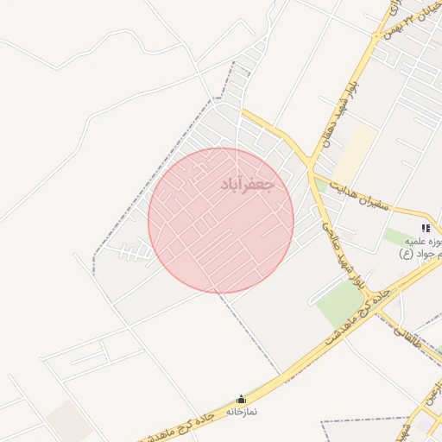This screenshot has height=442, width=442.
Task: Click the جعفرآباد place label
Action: [x=247, y=185]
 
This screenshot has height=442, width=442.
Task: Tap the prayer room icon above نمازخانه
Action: [x=240, y=399]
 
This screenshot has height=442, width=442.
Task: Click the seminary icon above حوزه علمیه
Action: [x=425, y=227]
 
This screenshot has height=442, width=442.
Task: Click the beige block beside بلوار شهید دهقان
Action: [x=355, y=155]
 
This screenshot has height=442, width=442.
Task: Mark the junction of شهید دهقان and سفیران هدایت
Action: [x=310, y=164]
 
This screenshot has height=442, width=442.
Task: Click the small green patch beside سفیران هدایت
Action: [x=321, y=185]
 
